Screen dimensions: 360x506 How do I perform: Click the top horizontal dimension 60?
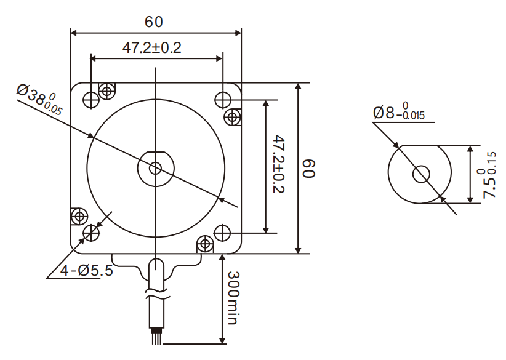154,22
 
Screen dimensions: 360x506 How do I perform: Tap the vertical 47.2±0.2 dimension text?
279,164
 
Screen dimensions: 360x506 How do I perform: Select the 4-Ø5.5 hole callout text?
87,270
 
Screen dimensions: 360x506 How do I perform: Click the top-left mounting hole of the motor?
91,98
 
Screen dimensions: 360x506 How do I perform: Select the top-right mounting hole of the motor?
222,98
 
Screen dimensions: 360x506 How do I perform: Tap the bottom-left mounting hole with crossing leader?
91,233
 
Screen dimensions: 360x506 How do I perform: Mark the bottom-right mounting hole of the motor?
222,233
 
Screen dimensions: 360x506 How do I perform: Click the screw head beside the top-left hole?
108,92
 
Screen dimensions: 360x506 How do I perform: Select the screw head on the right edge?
233,116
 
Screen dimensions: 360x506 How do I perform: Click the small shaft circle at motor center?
156,167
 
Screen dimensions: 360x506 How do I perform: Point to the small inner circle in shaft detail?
420,174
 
